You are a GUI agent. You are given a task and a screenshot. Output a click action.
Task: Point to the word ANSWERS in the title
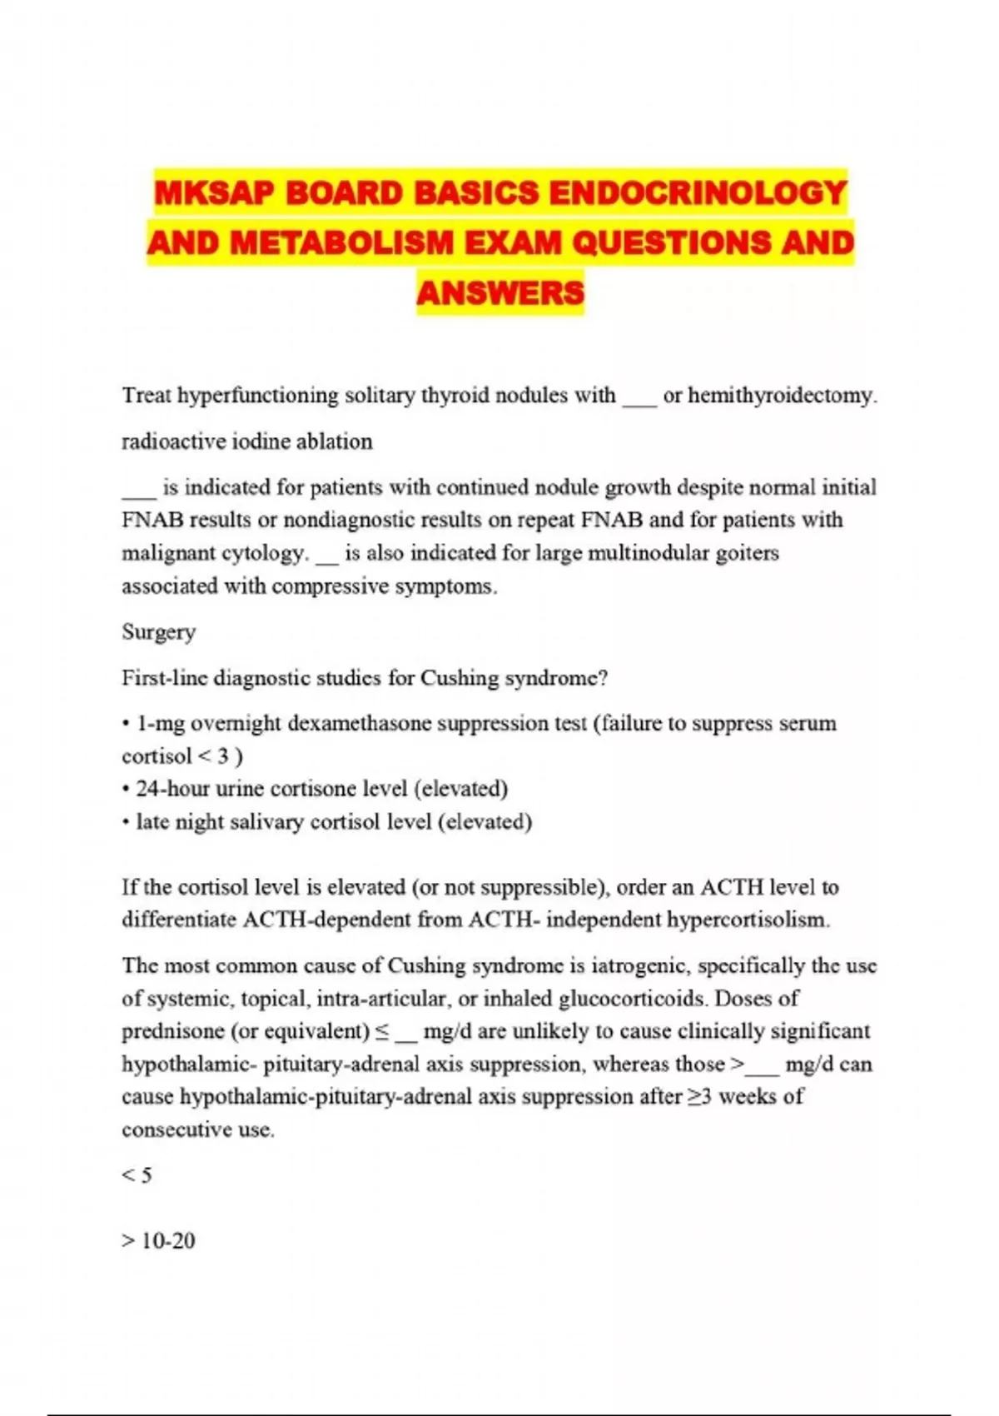pos(500,293)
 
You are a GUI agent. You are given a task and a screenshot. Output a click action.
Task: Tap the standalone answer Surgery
pos(159,631)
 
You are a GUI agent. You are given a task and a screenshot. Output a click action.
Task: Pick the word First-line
pos(165,678)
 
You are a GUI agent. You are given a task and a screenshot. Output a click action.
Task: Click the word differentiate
pos(179,920)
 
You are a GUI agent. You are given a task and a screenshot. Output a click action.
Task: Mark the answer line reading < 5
pos(137,1175)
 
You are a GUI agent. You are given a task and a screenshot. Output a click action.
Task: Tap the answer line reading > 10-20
pos(158,1240)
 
